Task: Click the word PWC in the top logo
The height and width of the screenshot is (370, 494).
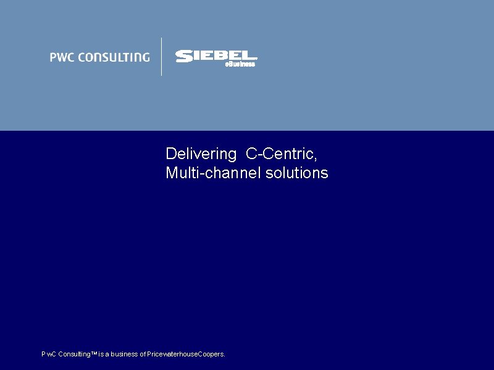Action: click(x=61, y=57)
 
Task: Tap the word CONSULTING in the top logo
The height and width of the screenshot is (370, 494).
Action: click(x=112, y=57)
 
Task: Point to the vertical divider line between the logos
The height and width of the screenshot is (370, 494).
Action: click(x=162, y=57)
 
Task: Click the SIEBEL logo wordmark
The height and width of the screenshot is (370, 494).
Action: click(x=216, y=56)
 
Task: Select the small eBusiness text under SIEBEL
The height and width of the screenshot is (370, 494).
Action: click(x=240, y=64)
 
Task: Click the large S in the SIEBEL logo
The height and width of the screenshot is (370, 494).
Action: click(x=183, y=57)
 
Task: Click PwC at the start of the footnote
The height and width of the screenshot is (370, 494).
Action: click(x=48, y=355)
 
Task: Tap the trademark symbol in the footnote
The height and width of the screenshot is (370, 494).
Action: click(x=93, y=353)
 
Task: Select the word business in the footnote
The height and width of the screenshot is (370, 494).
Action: click(x=124, y=355)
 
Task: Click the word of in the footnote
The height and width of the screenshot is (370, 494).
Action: click(x=143, y=355)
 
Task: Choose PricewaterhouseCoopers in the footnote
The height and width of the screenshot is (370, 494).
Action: click(x=186, y=355)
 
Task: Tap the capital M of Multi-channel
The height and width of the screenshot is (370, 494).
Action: click(x=172, y=173)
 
